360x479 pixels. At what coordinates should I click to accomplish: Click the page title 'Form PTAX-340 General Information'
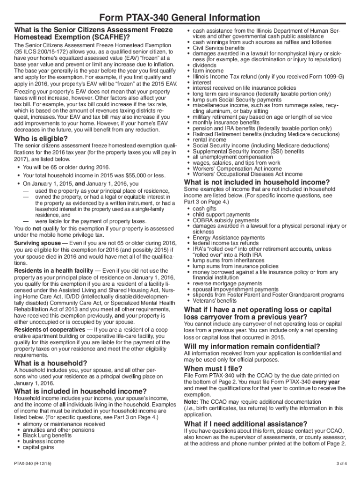[x=180, y=18]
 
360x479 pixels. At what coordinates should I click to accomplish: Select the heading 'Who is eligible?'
[x=41, y=139]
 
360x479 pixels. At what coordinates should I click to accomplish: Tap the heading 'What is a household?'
[x=50, y=363]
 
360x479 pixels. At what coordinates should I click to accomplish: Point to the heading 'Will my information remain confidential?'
[x=252, y=346]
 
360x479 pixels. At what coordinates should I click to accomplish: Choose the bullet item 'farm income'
[x=208, y=71]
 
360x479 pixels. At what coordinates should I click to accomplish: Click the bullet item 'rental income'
[x=209, y=140]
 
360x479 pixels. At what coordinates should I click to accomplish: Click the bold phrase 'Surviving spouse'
[x=37, y=243]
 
